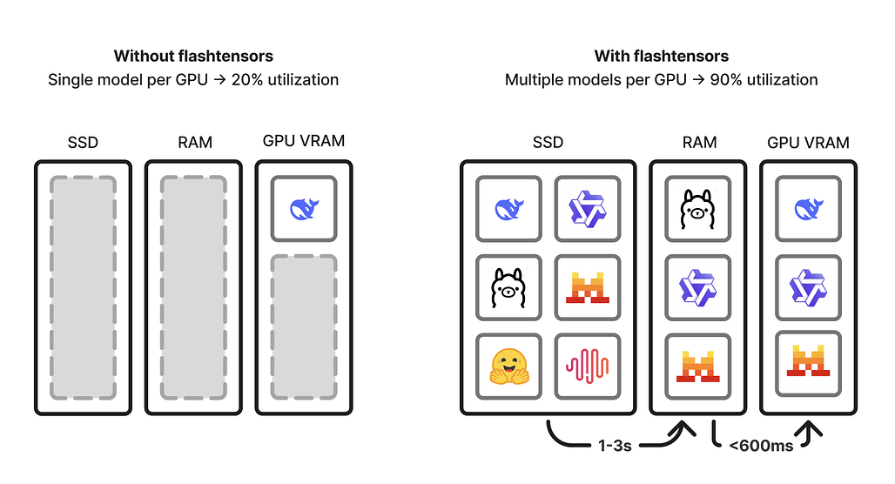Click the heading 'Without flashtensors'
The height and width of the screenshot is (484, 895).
click(193, 57)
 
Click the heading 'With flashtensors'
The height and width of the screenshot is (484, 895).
click(662, 57)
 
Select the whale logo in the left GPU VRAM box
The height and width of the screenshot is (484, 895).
click(303, 209)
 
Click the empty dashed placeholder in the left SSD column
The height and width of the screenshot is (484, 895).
click(83, 286)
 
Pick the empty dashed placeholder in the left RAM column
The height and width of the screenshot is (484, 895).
click(193, 286)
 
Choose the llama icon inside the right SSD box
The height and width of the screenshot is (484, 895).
click(509, 287)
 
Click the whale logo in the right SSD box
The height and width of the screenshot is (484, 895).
click(509, 209)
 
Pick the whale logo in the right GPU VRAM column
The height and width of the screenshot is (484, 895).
click(808, 209)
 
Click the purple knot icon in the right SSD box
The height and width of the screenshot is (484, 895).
click(588, 209)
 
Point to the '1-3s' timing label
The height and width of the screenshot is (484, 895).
click(614, 446)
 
